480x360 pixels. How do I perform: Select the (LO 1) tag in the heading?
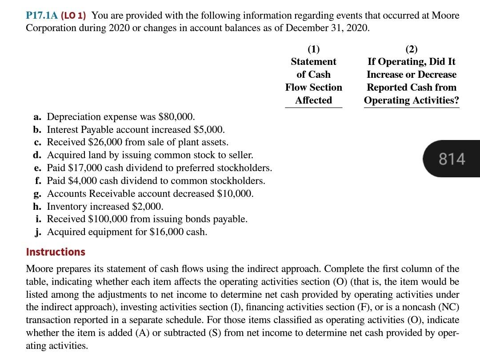pos(76,16)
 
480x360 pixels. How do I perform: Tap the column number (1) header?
pos(313,49)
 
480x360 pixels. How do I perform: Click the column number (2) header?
pos(411,49)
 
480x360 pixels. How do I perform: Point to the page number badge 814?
pos(452,159)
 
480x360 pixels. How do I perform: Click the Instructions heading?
pos(56,252)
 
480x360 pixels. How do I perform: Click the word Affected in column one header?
pos(313,100)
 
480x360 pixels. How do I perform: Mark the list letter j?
pos(38,232)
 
